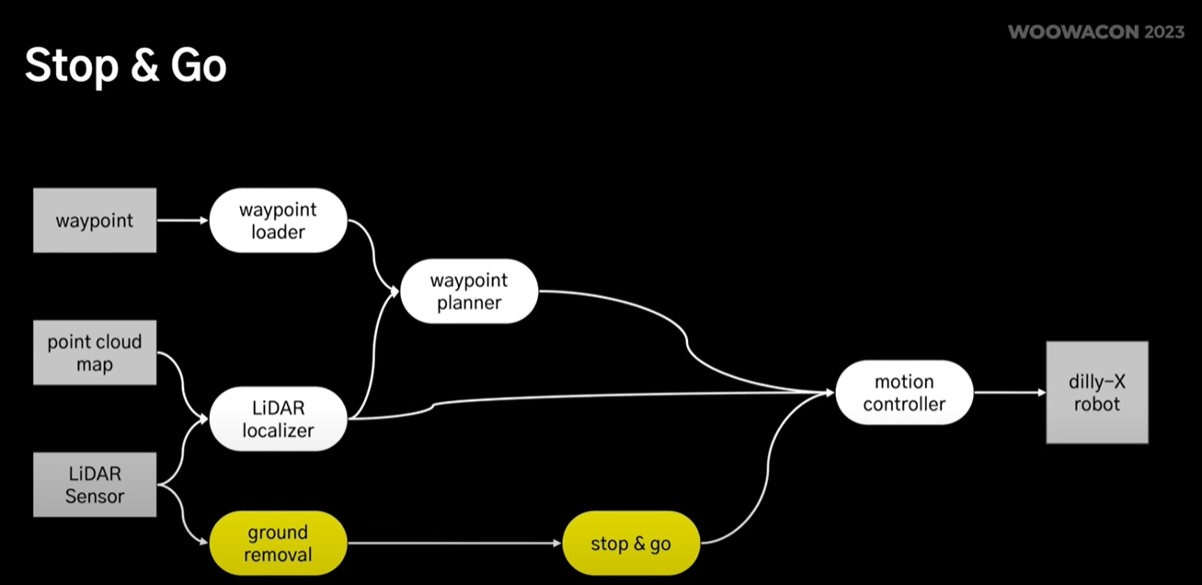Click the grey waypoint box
[x=95, y=221]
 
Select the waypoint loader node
[x=278, y=221]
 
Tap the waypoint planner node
[x=469, y=291]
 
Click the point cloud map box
[x=95, y=352]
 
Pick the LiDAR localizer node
[x=278, y=419]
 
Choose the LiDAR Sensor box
[x=95, y=485]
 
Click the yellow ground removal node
[x=278, y=544]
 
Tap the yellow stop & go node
[x=631, y=544]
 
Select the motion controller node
[x=904, y=393]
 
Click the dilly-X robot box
[x=1096, y=393]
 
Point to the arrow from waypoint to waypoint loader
[x=182, y=221]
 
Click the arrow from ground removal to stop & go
[x=454, y=544]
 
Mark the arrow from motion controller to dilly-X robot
[x=1009, y=393]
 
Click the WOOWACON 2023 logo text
[x=1095, y=32]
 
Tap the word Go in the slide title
[x=199, y=67]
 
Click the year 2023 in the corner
[x=1164, y=32]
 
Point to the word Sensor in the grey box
[x=95, y=497]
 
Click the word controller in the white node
[x=904, y=404]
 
